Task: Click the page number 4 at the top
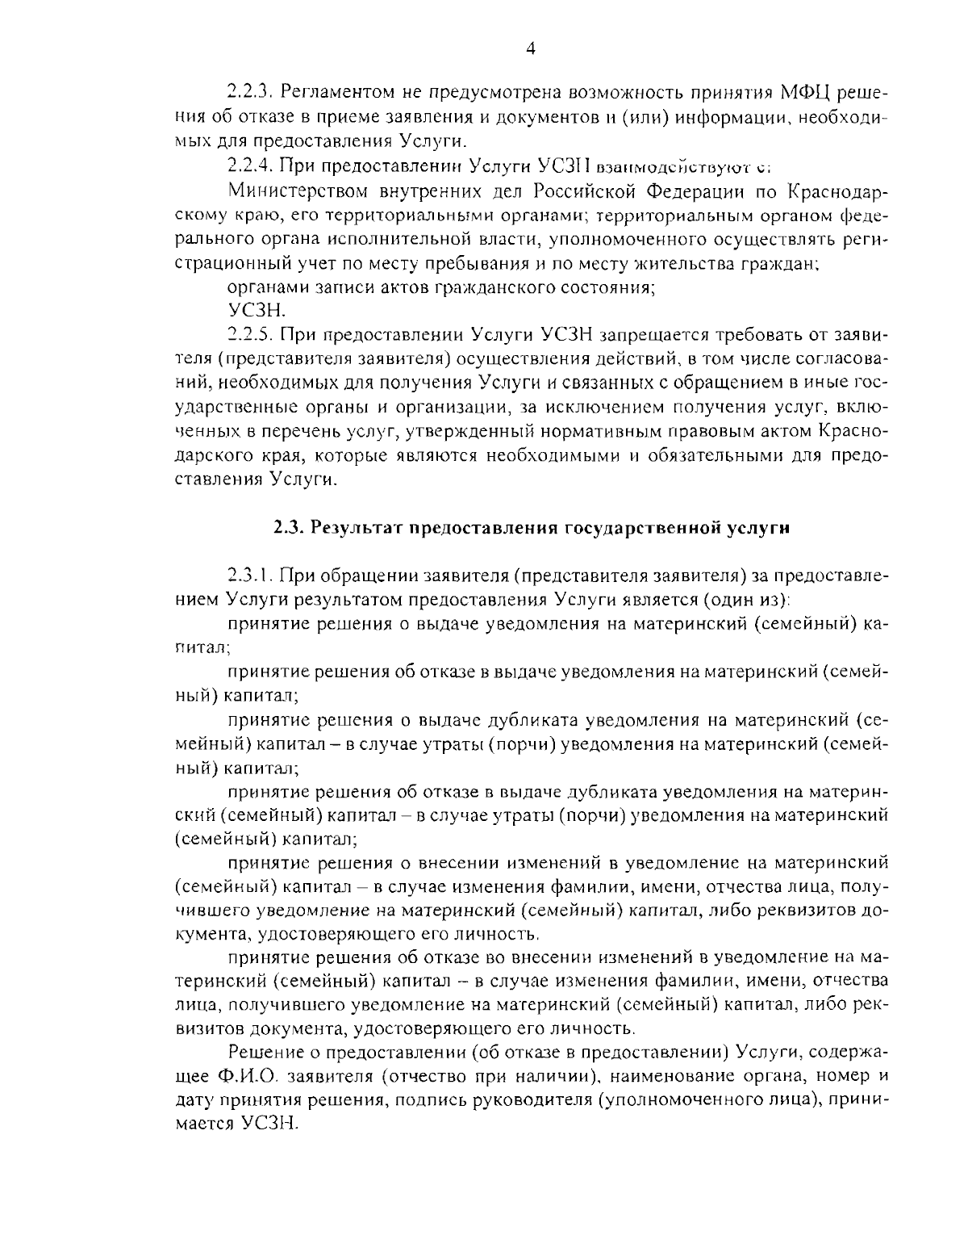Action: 530,49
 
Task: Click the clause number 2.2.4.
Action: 251,167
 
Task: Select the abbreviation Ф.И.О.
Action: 248,1076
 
